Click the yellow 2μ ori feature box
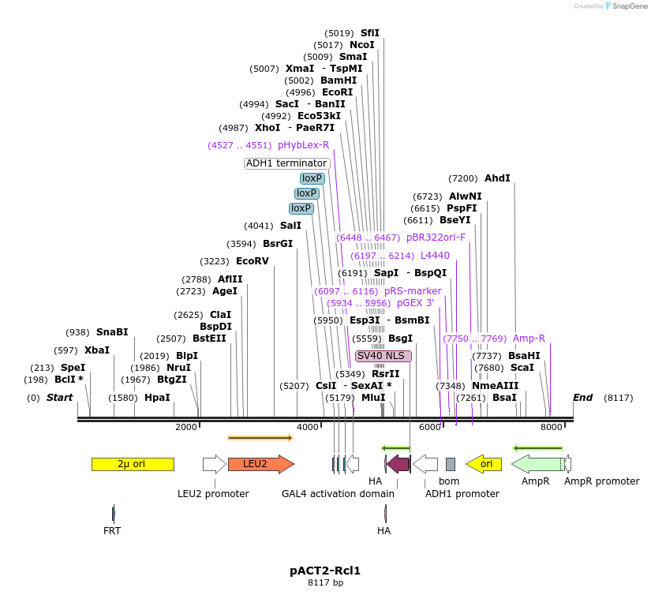coord(133,464)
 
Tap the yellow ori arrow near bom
coord(484,464)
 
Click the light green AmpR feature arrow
coord(537,464)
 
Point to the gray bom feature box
coord(451,464)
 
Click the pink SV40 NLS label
coord(383,356)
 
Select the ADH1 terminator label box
coord(286,163)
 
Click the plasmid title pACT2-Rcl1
coord(325,570)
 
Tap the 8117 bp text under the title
coord(325,583)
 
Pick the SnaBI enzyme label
coord(112,332)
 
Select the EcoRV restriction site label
coord(253,261)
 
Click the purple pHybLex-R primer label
coord(303,145)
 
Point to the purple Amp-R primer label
coord(529,339)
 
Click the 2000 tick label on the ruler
coord(186,427)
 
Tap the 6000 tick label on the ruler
coord(430,427)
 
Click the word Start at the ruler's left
coord(59,398)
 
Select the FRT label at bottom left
coord(112,531)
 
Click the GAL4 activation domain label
coord(338,494)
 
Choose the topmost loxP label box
coord(312,178)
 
